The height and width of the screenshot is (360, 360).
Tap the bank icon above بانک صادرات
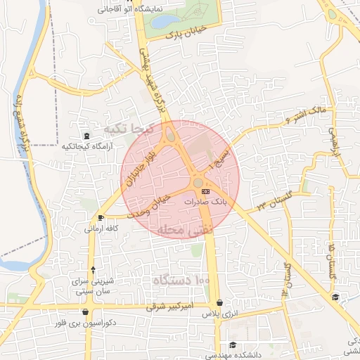coord(205,191)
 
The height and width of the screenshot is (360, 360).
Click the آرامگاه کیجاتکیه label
coord(86,146)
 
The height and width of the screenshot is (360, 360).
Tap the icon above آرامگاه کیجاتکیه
coord(86,136)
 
